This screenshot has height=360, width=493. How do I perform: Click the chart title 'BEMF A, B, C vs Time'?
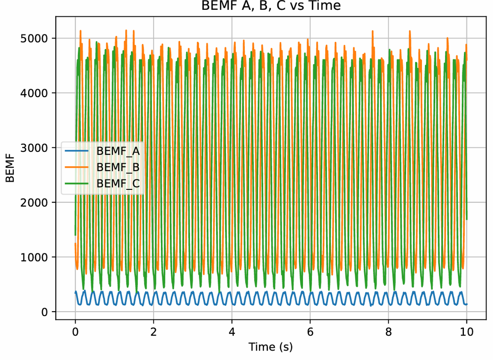pos(270,7)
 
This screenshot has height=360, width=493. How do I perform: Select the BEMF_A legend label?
pos(118,151)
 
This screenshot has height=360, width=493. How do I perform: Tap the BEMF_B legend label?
pos(118,167)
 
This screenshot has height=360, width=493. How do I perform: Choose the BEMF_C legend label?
pos(118,183)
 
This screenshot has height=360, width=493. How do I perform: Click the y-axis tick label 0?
pos(44,312)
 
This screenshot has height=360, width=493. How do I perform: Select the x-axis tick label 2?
pos(153,331)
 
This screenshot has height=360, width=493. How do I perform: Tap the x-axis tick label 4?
pos(231,331)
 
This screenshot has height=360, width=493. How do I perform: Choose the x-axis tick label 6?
pos(310,331)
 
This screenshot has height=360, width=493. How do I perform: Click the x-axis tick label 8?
pos(388,331)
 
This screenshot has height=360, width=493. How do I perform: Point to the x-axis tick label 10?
pos(466,331)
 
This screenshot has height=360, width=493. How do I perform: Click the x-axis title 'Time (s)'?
pos(270,347)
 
